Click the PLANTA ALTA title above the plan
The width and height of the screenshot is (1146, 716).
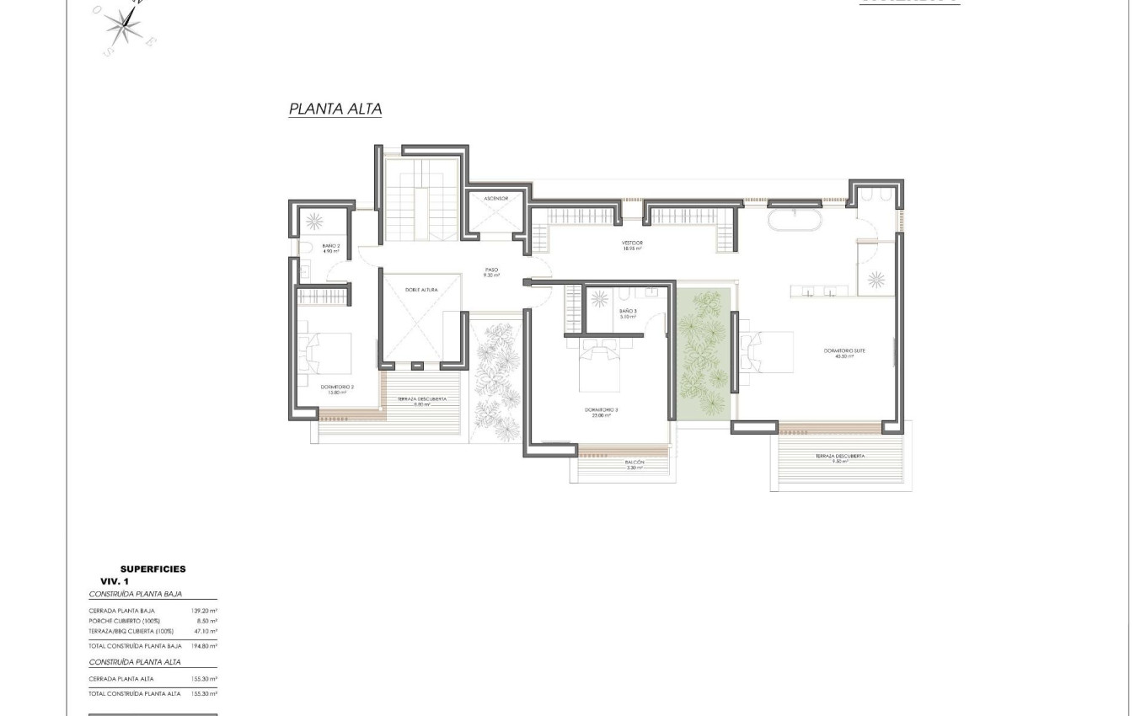click(x=335, y=109)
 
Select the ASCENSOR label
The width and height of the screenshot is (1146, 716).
click(x=496, y=199)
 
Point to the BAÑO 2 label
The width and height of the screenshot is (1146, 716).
click(x=330, y=248)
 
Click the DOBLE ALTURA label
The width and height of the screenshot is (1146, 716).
click(x=421, y=290)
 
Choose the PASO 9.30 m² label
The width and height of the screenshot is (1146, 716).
click(x=491, y=273)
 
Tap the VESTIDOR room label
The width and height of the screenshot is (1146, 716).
click(x=633, y=245)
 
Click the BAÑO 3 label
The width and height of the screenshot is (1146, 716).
click(x=628, y=314)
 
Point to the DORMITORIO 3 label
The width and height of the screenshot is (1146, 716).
click(x=602, y=413)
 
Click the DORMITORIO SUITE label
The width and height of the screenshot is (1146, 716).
click(x=845, y=353)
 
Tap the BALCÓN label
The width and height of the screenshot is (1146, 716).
click(x=635, y=464)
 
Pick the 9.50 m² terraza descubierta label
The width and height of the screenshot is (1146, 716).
click(x=839, y=459)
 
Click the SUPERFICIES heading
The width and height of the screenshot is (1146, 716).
click(x=153, y=569)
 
